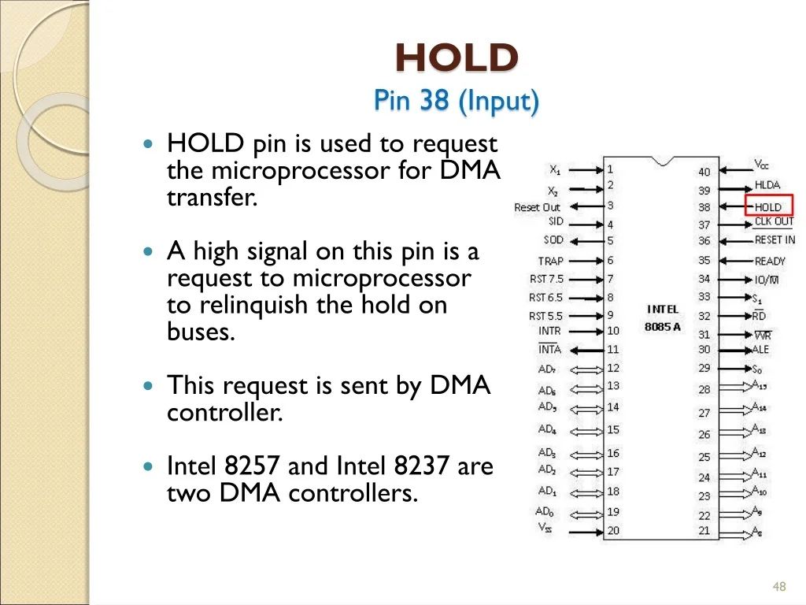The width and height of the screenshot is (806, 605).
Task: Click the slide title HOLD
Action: point(457,58)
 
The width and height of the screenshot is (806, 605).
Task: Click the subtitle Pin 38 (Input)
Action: point(456,100)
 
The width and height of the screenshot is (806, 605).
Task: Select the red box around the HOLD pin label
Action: point(769,205)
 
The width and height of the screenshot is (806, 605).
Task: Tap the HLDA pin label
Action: point(767,185)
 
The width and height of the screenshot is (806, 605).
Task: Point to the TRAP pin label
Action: point(550,262)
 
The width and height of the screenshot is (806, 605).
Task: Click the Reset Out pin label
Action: point(537,207)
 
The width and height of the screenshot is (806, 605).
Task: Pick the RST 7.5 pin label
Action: point(546,279)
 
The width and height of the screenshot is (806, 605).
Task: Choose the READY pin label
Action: point(770,262)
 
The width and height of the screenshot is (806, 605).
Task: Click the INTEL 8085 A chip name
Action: point(663,318)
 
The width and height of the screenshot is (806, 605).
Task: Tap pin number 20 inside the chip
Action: point(613,530)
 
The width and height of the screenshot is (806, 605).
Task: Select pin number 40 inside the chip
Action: point(704,172)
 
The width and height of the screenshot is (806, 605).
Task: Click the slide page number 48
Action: point(779,586)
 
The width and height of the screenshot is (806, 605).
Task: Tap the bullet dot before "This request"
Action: point(149,385)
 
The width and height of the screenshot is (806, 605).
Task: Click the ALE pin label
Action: point(760,350)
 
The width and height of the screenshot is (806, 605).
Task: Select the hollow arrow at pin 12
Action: point(586,370)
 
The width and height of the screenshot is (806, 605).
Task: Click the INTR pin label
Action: point(549,332)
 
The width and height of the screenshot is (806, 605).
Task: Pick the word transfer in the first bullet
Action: point(212,198)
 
